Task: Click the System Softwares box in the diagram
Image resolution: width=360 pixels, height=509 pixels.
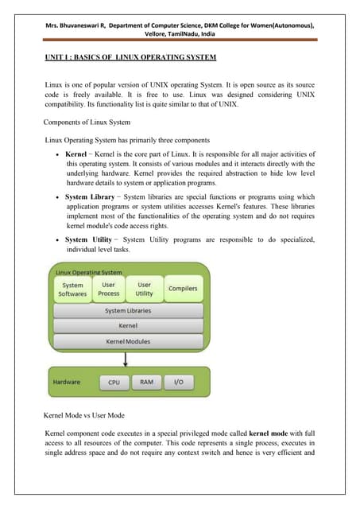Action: click(x=72, y=289)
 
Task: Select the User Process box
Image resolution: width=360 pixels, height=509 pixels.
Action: click(x=109, y=289)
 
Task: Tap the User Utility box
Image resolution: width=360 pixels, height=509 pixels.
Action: click(x=144, y=289)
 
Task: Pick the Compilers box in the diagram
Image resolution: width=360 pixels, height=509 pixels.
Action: click(x=183, y=289)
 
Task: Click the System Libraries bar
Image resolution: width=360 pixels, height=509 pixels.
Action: click(x=128, y=311)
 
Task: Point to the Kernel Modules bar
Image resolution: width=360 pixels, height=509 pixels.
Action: click(x=128, y=340)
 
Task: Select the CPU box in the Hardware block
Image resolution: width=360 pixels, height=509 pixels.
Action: click(x=114, y=383)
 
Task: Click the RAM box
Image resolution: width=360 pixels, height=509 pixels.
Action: click(x=146, y=383)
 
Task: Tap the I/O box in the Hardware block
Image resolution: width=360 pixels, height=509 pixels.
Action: click(x=179, y=383)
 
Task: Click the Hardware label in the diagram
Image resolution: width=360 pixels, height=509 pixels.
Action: click(x=66, y=383)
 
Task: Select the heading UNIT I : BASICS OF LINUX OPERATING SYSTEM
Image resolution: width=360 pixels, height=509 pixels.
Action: click(x=130, y=59)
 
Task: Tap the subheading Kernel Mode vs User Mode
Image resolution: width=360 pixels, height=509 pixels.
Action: click(x=87, y=417)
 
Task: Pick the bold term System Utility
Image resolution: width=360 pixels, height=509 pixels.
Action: click(x=88, y=239)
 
